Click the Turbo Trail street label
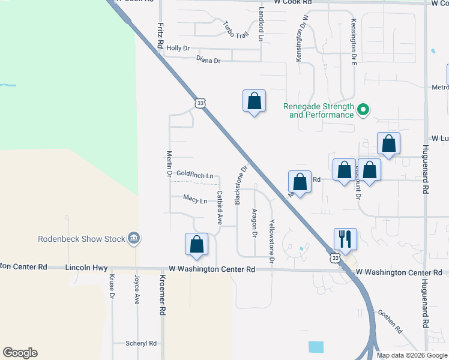235,30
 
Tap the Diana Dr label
208,60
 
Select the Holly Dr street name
178,48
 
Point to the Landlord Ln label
261,24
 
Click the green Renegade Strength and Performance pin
363,110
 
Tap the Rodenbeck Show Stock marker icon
134,239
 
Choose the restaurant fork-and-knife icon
345,239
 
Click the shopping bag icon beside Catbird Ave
196,244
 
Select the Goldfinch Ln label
194,175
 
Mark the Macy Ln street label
195,199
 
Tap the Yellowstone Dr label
271,242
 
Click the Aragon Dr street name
255,223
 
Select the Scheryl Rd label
141,343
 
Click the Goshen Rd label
390,322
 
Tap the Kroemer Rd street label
162,296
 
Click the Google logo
20,353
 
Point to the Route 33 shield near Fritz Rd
200,103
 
